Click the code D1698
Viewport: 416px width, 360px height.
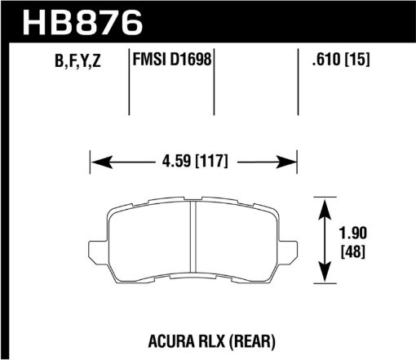pos(192,61)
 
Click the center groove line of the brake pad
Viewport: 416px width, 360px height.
pos(192,239)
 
